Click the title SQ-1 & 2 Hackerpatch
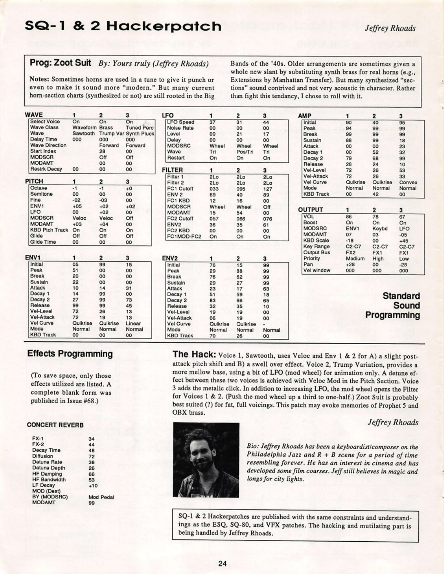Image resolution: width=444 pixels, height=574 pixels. point(123,26)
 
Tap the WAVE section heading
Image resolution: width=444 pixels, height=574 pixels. point(34,115)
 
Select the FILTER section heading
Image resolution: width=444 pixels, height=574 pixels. point(172,170)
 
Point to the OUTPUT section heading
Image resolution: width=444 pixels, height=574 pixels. point(311,210)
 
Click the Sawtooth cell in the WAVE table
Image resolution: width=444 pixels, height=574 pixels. point(83,134)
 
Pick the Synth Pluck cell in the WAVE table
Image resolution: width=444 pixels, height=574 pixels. point(140,134)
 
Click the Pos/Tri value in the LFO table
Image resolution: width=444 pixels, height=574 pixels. point(245,152)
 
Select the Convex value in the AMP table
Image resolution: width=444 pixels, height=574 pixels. point(408,182)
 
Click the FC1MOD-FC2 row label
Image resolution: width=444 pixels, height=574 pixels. point(184,237)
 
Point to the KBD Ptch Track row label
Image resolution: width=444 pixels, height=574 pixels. point(49,230)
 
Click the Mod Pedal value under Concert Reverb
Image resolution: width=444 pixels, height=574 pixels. point(101,497)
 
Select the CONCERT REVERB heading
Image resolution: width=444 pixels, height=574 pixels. point(55,425)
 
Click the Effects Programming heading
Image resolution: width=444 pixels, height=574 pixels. point(70,354)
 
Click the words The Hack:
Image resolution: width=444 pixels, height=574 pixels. point(194,355)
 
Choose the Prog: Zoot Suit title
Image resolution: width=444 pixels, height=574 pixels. point(60,63)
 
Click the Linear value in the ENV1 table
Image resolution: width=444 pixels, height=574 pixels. point(133,323)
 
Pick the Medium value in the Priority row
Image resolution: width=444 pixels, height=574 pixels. point(355,258)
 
